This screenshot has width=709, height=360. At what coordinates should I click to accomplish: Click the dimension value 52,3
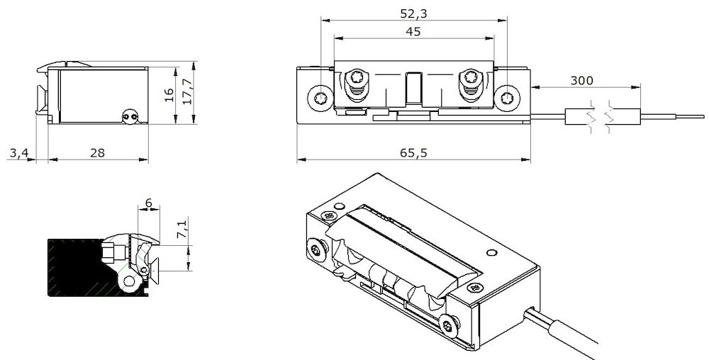tap(415, 13)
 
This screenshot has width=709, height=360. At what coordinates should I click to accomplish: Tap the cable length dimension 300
tap(581, 80)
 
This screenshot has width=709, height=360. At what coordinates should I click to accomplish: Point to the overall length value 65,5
tap(414, 152)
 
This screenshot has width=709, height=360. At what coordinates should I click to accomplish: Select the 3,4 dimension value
tap(18, 152)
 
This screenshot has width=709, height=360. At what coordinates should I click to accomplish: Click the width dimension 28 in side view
tap(98, 152)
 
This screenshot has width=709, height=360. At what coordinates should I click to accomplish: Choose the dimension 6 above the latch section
tap(147, 203)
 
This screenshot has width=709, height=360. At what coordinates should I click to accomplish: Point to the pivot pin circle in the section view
tap(129, 282)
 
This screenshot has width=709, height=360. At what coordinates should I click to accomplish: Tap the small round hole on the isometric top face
tap(491, 252)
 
